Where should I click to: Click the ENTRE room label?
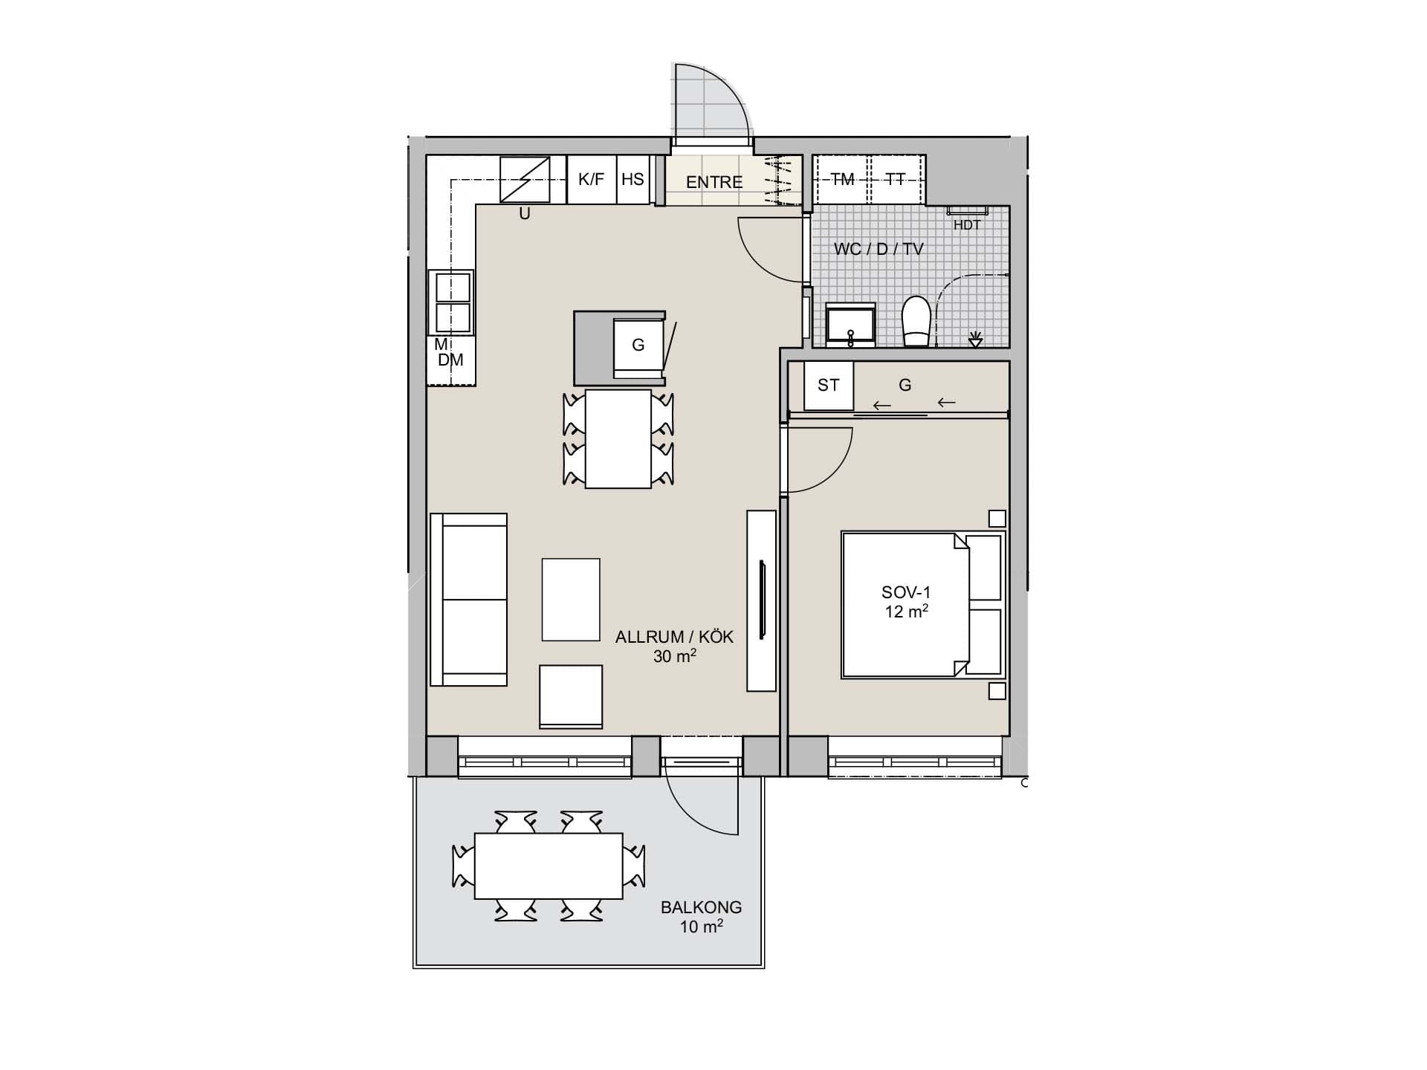(x=714, y=182)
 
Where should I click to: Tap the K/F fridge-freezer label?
(x=592, y=179)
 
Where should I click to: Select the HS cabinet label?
(x=632, y=179)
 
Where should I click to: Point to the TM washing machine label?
(x=842, y=179)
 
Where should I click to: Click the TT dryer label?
(x=896, y=179)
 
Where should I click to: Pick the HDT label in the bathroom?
(x=967, y=225)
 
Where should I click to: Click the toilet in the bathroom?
(x=917, y=322)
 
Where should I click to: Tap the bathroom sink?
(x=851, y=325)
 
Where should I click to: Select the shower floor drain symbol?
(x=976, y=340)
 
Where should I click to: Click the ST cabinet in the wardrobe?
(x=829, y=385)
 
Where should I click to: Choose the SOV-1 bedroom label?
(x=906, y=592)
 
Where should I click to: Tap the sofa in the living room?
(x=469, y=600)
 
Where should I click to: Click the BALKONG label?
(x=702, y=907)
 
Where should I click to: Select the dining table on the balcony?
(x=549, y=866)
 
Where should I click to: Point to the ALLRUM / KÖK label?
(x=674, y=637)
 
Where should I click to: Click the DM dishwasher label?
(x=450, y=360)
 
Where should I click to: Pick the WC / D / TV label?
(x=878, y=249)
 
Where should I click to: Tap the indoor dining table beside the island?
(x=618, y=438)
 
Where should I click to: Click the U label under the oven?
(x=525, y=214)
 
